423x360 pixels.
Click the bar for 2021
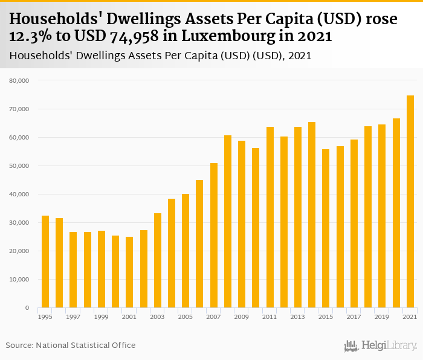(x=410, y=202)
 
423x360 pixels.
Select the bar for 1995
(x=45, y=262)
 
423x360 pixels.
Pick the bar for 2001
(x=129, y=272)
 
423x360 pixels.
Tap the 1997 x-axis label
(x=73, y=317)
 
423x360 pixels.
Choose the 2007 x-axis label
(x=214, y=317)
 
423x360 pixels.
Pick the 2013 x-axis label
(x=298, y=317)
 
